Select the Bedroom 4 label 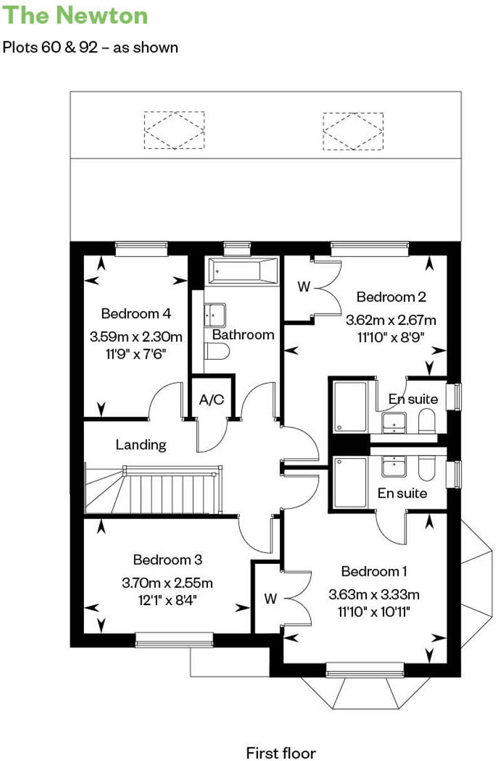point(136,313)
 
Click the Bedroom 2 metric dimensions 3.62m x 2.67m point(391,321)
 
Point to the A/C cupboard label point(212,400)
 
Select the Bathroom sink point(214,314)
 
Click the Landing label point(141,445)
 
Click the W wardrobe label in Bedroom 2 point(304,287)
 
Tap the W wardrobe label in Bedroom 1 point(270,599)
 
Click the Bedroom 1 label point(374,571)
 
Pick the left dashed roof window point(173,130)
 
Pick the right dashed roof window point(353,131)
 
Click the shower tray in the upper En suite point(350,407)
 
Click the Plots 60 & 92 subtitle point(90,48)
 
